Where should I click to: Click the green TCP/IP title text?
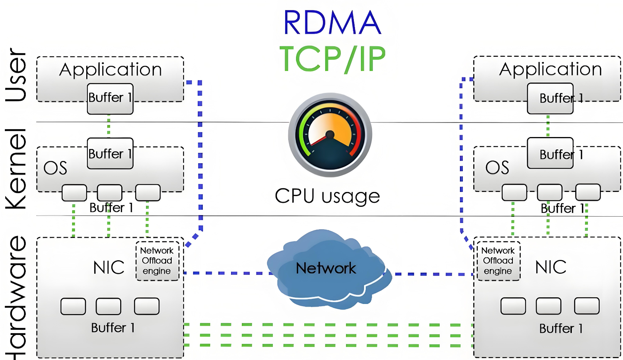point(332,59)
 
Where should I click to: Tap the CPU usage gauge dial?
point(330,135)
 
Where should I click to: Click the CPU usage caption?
point(327,196)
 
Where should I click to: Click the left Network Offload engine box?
point(157,261)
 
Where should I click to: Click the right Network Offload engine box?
point(498,261)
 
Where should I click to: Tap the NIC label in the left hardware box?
point(109,267)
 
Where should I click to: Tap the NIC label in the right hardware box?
point(551,267)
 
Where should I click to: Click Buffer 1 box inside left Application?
point(110,99)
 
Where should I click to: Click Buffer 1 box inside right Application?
point(550,99)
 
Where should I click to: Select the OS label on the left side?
point(55,168)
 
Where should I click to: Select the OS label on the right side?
point(497,168)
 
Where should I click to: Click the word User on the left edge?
point(16,75)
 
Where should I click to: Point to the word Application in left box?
point(110,70)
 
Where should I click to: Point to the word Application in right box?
point(551,69)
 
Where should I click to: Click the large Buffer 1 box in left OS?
point(110,153)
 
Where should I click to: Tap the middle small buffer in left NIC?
point(108,306)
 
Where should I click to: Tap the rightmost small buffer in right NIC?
point(587,306)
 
